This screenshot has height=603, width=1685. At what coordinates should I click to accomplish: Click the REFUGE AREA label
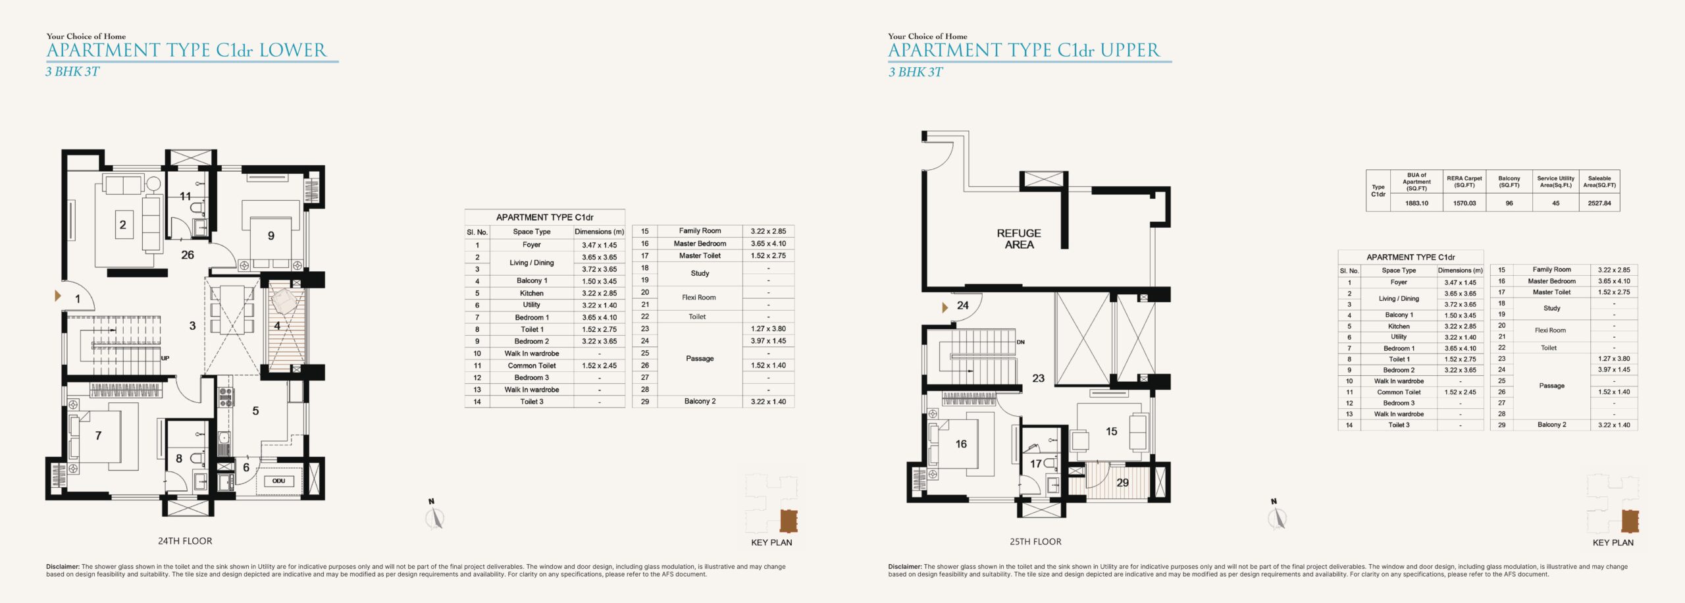1019,239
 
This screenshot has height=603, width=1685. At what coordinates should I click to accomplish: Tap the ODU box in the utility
278,481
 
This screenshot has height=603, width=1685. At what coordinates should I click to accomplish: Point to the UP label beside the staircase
165,358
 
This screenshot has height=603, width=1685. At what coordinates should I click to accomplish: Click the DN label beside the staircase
1020,342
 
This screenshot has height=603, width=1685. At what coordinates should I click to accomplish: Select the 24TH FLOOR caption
185,541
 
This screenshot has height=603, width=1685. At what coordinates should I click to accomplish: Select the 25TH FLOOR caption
1035,542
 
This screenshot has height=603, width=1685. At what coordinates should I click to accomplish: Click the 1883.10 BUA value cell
1416,203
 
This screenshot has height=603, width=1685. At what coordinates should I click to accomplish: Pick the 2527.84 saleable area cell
1599,203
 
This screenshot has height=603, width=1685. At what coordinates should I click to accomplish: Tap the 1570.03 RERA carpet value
1465,203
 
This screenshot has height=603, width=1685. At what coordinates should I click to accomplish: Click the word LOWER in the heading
292,50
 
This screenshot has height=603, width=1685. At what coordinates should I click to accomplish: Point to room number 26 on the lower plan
188,255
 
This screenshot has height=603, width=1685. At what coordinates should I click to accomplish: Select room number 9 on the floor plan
271,236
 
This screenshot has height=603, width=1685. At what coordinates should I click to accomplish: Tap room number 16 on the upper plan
961,444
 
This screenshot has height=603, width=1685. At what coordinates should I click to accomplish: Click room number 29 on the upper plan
1123,483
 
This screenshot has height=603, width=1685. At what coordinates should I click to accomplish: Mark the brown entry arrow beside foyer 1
58,296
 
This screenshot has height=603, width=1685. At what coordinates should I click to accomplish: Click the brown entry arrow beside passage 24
945,307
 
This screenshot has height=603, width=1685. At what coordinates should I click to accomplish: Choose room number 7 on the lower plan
98,435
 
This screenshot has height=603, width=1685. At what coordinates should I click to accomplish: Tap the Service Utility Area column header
1555,182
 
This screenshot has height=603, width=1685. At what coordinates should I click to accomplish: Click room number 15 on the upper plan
1112,432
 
